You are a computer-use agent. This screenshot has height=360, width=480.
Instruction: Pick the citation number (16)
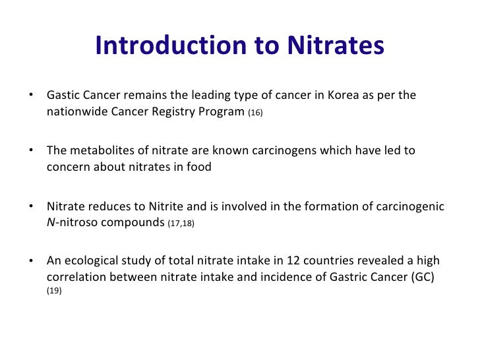pyautogui.click(x=255, y=113)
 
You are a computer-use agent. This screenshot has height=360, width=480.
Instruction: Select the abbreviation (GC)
pyautogui.click(x=423, y=277)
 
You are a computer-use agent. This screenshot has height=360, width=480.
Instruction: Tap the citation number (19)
pyautogui.click(x=54, y=290)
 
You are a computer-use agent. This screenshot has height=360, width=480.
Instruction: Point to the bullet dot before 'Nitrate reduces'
pyautogui.click(x=31, y=206)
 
